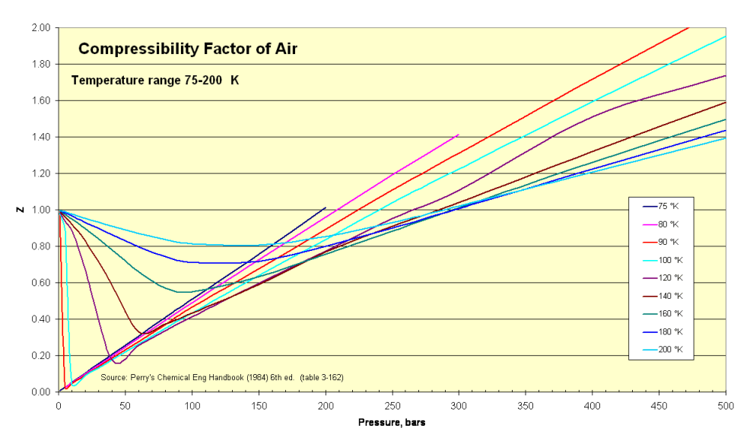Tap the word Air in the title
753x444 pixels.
284,49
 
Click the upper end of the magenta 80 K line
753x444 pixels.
458,135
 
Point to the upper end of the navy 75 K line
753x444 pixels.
325,208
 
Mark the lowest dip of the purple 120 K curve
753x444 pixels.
116,363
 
